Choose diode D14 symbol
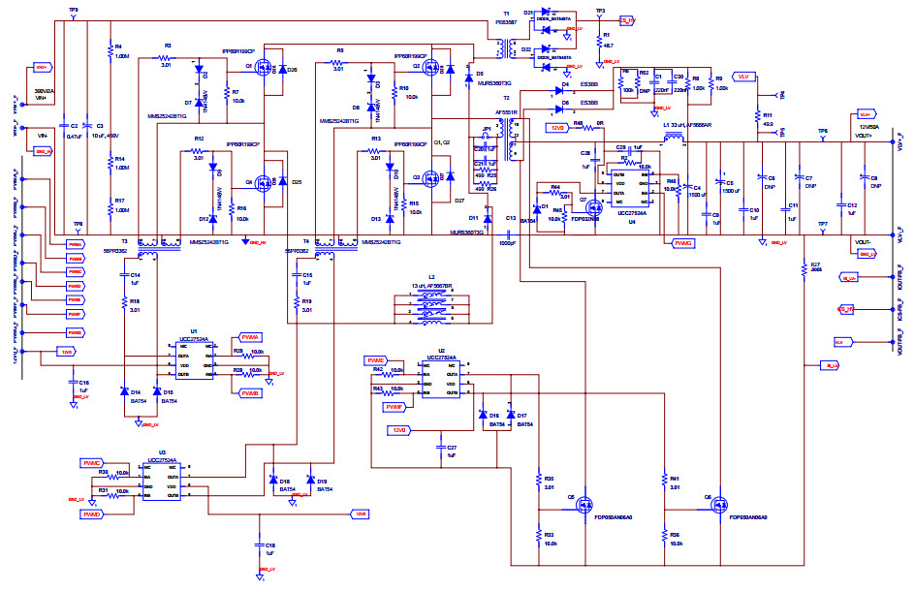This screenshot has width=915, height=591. click(x=125, y=391)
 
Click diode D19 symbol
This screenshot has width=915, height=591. click(x=310, y=481)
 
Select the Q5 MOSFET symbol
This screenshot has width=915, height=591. click(x=584, y=504)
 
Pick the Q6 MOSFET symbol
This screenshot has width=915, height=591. click(x=718, y=504)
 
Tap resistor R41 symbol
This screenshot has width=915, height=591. click(x=665, y=485)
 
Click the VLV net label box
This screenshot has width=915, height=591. click(x=743, y=76)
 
